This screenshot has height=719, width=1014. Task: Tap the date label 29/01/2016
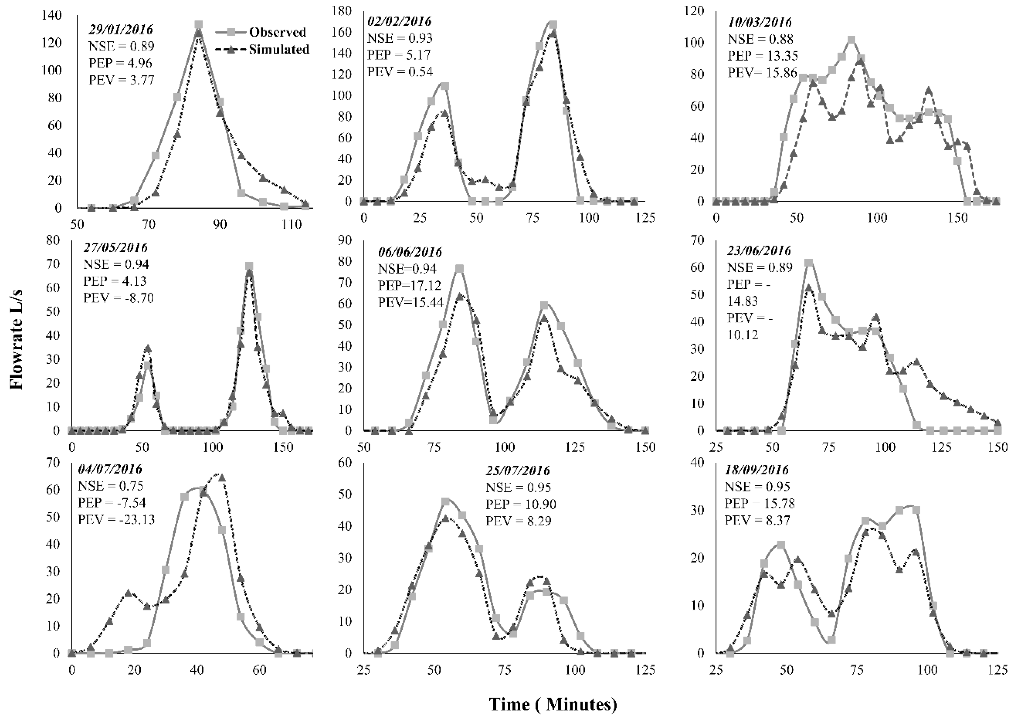coord(121,30)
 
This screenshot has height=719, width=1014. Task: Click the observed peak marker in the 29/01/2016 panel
coord(199,25)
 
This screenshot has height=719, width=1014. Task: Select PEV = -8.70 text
coord(118,298)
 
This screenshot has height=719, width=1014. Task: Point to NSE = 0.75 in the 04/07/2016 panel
coord(110,486)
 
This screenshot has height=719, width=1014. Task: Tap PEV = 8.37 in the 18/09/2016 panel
coord(757,520)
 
